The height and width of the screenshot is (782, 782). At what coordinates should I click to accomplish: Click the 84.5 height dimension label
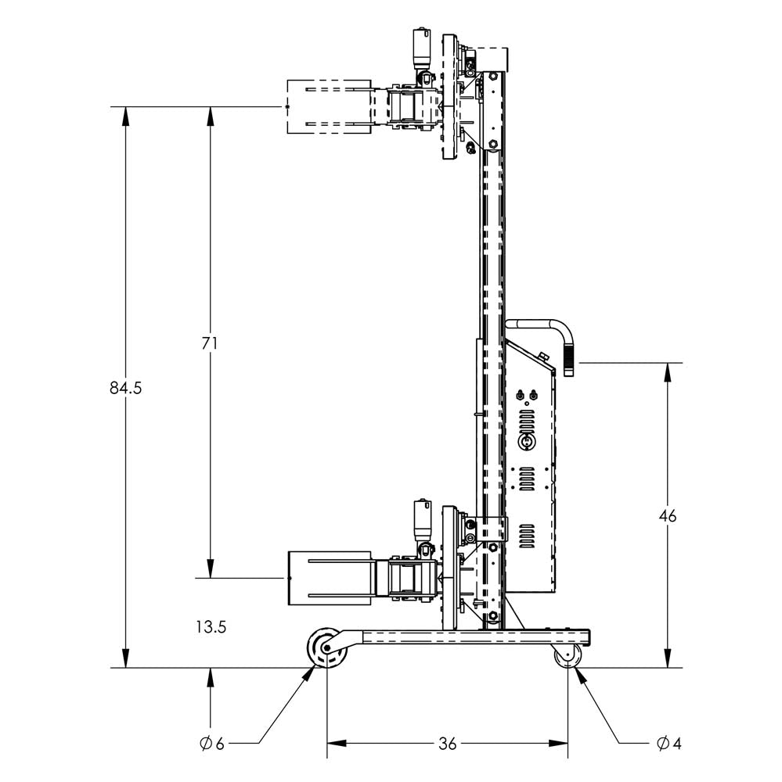(x=125, y=388)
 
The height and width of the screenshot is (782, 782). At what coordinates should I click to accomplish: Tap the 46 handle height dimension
(x=667, y=516)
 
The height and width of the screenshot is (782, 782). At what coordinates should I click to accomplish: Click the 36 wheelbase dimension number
(x=447, y=744)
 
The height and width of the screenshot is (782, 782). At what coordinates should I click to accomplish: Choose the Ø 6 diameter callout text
(x=212, y=744)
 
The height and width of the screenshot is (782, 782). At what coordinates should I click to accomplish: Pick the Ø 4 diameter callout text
(x=669, y=744)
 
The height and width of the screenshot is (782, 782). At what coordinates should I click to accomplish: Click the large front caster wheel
(x=326, y=648)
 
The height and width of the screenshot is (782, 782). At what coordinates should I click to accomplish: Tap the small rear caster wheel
(x=568, y=658)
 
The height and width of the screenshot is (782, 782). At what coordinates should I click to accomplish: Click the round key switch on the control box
(x=528, y=442)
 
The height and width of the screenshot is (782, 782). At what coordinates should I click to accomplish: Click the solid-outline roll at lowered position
(x=329, y=579)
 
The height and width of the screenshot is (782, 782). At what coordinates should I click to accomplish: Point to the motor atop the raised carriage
(x=423, y=48)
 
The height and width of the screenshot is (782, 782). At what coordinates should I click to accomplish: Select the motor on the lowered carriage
(x=423, y=520)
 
